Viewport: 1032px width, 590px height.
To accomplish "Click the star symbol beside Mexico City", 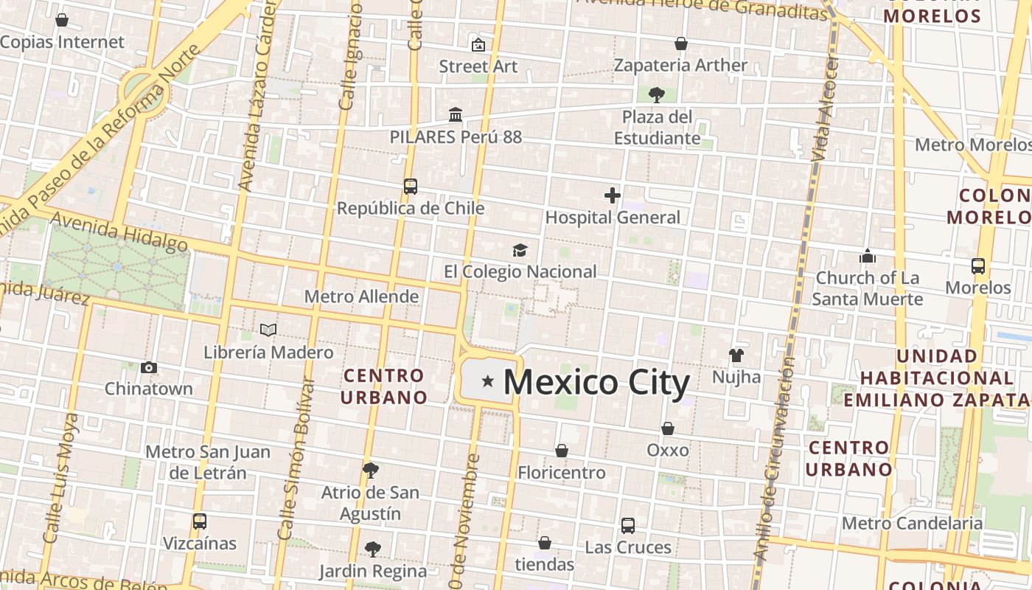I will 487,381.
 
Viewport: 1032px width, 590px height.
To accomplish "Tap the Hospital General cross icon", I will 613,195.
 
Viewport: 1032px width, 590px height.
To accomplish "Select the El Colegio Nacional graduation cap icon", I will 520,250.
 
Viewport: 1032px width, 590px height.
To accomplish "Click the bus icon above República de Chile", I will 411,187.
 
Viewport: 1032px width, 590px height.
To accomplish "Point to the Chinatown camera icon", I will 149,367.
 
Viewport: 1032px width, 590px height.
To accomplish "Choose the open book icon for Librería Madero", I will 268,330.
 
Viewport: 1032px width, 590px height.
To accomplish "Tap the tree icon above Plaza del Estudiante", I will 656,94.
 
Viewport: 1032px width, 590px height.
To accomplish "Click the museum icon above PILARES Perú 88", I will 456,115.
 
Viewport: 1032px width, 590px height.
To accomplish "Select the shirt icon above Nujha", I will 736,355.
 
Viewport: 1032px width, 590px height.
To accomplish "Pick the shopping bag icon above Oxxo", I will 668,428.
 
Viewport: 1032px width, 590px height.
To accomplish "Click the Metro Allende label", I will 361,296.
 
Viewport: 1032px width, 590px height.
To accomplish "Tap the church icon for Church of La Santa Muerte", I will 868,256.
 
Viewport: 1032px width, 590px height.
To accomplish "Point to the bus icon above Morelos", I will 978,266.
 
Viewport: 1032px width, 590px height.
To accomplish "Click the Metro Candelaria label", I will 912,523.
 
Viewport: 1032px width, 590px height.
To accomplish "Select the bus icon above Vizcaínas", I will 199,521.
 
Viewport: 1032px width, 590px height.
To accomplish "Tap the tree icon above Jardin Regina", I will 372,549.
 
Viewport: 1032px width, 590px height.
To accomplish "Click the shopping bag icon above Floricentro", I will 562,451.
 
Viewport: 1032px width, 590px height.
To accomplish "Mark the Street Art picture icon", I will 478,45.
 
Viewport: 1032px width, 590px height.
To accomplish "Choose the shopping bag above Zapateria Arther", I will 681,44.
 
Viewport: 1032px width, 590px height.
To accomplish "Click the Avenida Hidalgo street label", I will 119,232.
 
